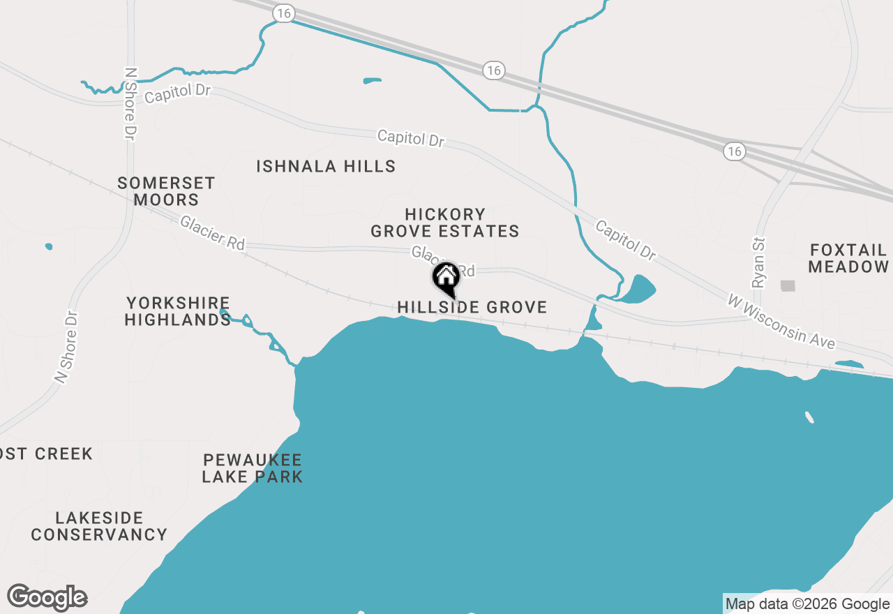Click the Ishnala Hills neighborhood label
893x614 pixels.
coord(326,166)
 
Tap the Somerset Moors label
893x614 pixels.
coord(166,191)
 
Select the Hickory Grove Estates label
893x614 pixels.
coord(445,223)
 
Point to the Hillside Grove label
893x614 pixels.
coord(472,307)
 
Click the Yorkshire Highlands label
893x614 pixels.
coord(179,311)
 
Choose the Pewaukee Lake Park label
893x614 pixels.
coord(253,468)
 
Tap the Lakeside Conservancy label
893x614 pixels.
coord(99,526)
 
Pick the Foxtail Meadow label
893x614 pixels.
coord(849,258)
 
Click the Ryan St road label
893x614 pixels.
coord(759,262)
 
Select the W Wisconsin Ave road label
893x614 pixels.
coord(781,322)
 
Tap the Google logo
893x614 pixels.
coord(47,597)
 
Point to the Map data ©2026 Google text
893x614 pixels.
coord(807,604)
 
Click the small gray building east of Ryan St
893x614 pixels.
coord(788,285)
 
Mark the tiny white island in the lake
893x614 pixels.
coord(809,417)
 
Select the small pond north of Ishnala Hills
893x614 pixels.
coord(372,81)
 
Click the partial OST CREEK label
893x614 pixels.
coord(46,454)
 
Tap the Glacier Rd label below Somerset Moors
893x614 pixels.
coord(213,233)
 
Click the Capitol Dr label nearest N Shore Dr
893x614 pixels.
coord(178,93)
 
